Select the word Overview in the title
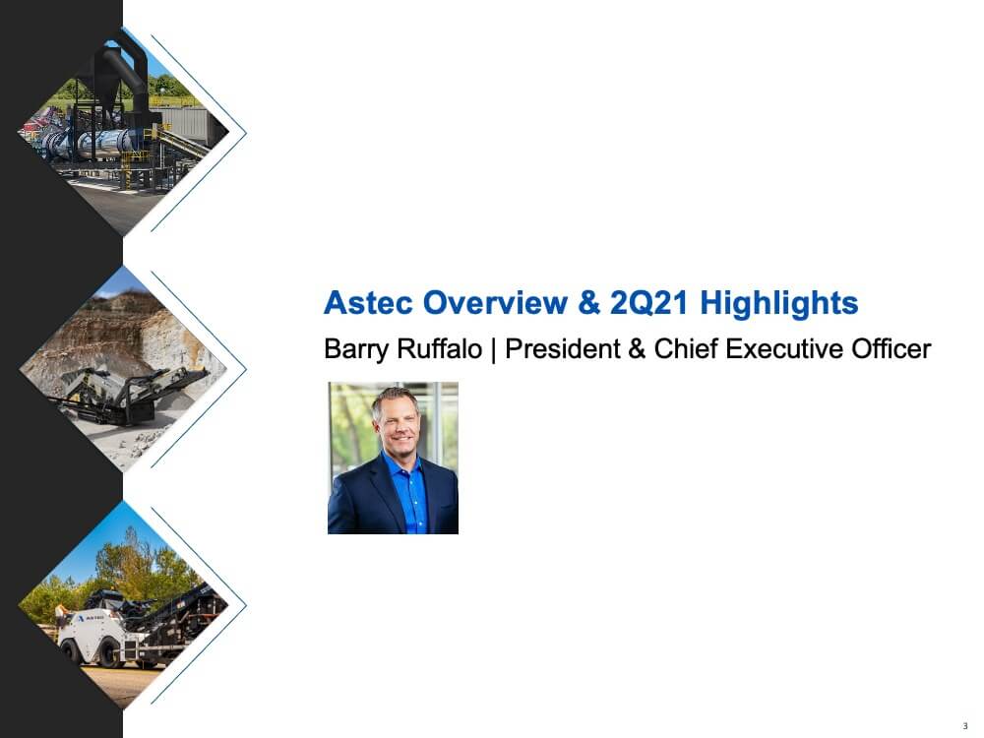pyautogui.click(x=495, y=302)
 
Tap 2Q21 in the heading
pyautogui.click(x=649, y=303)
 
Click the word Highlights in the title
pyautogui.click(x=778, y=303)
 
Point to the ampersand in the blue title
pyautogui.click(x=588, y=302)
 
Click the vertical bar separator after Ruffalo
pyautogui.click(x=494, y=350)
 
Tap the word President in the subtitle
pyautogui.click(x=562, y=349)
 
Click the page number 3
pyautogui.click(x=965, y=726)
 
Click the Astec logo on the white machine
pyautogui.click(x=91, y=618)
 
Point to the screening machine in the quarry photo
pyautogui.click(x=129, y=396)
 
